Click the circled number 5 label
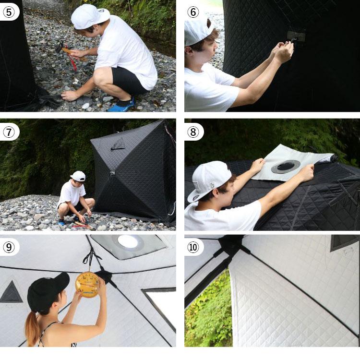9,12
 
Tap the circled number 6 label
193,12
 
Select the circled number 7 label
9,132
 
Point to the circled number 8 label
193,132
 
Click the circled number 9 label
9,247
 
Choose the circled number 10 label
193,247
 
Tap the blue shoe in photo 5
121,105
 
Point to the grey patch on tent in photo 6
296,36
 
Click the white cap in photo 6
198,32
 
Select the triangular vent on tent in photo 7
118,144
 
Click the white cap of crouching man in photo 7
78,176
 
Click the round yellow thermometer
87,285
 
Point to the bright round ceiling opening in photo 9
128,242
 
